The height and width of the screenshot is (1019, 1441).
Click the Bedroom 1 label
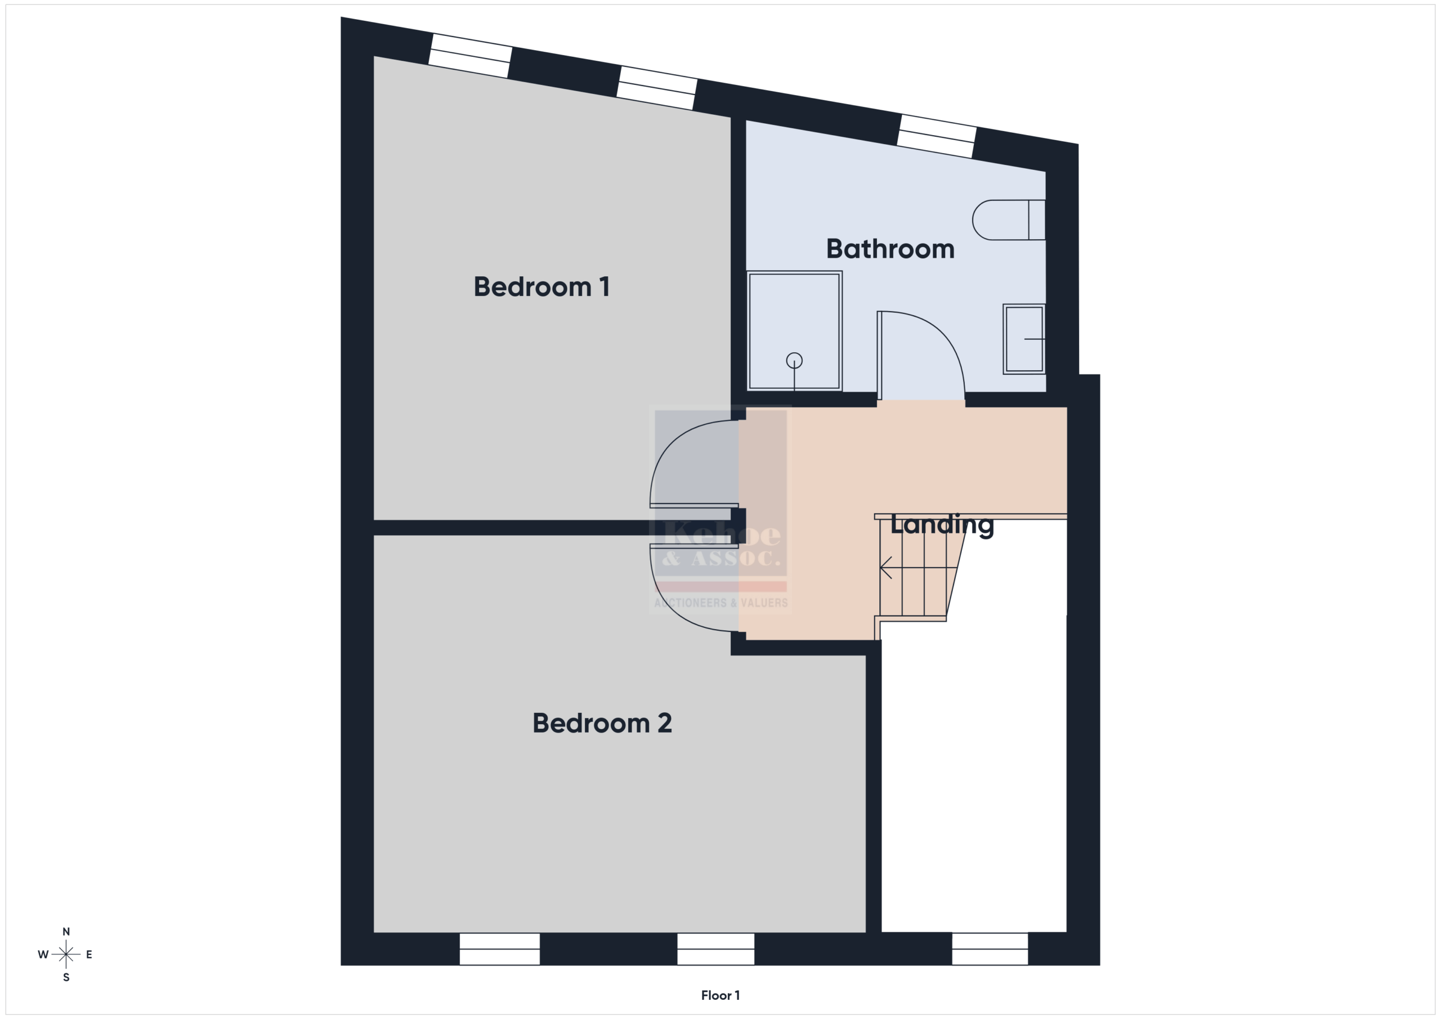[542, 287]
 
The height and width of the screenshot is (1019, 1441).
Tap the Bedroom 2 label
[602, 723]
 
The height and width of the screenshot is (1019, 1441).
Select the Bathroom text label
[890, 249]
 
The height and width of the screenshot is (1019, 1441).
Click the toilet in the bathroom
[1009, 219]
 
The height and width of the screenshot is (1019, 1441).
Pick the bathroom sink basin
[1024, 339]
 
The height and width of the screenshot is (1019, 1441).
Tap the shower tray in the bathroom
[794, 331]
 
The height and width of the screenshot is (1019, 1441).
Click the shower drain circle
[794, 361]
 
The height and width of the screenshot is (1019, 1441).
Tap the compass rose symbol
[66, 954]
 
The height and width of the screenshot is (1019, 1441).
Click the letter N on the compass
[66, 932]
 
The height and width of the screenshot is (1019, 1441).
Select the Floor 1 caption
[720, 995]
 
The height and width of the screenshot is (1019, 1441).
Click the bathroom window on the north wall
[937, 136]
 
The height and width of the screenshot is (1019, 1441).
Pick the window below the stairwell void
[990, 949]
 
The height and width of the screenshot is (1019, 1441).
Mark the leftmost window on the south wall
[500, 949]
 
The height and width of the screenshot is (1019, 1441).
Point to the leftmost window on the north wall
[470, 56]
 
